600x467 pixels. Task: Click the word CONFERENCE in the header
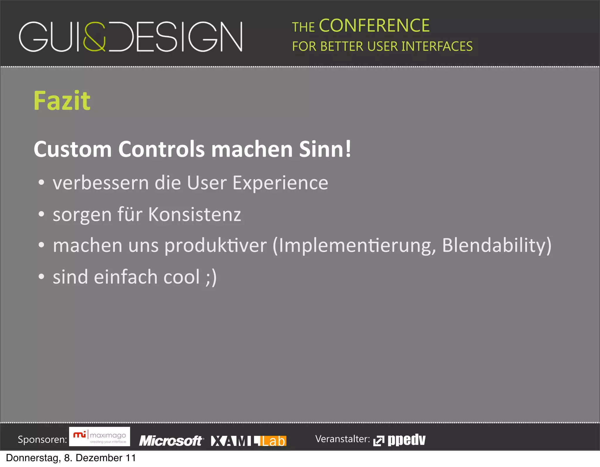pyautogui.click(x=374, y=26)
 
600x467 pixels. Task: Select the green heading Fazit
pyautogui.click(x=62, y=101)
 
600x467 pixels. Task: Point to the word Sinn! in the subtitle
pyautogui.click(x=325, y=149)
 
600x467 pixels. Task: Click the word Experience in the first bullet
pyautogui.click(x=280, y=183)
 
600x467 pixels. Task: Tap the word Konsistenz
pyautogui.click(x=195, y=214)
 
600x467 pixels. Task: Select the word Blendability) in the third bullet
pyautogui.click(x=497, y=245)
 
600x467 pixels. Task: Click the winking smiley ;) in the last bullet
pyautogui.click(x=211, y=277)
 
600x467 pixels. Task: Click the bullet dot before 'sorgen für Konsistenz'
pyautogui.click(x=41, y=214)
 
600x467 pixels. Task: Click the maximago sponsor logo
pyautogui.click(x=100, y=437)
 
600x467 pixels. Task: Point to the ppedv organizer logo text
pyautogui.click(x=406, y=440)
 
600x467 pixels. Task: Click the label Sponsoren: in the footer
pyautogui.click(x=42, y=439)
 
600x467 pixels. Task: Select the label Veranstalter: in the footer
pyautogui.click(x=342, y=439)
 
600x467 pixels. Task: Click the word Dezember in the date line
pyautogui.click(x=99, y=458)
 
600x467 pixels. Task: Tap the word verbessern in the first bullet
pyautogui.click(x=101, y=183)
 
